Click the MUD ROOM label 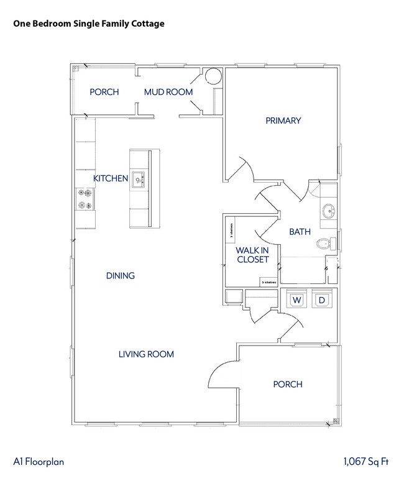point(168,92)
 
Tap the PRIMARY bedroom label point(283,121)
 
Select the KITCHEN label point(111,178)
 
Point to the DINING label point(120,275)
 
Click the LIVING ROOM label point(146,354)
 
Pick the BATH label point(300,232)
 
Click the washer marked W point(297,300)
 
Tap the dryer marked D point(321,300)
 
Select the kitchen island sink point(138,180)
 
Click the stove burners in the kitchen point(85,199)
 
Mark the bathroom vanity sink point(328,210)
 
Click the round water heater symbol point(213,76)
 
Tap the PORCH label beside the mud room point(104,92)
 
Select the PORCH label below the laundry point(288,384)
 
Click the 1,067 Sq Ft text point(366,462)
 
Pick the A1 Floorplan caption point(39,462)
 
